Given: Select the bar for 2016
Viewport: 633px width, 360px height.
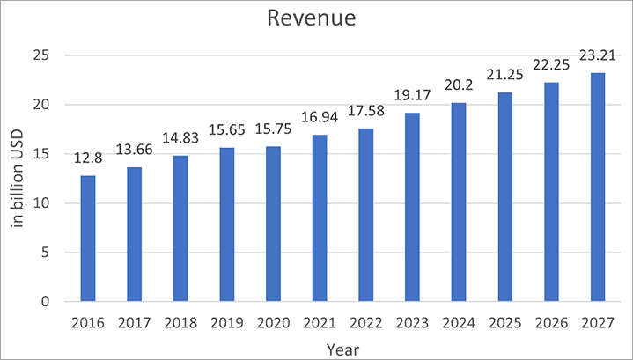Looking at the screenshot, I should coord(88,239).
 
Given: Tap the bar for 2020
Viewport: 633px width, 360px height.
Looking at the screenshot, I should coord(272,224).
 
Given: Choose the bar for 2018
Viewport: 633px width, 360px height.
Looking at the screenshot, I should coord(180,229).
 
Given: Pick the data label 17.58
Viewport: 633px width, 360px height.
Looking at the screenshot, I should coord(364,114).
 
